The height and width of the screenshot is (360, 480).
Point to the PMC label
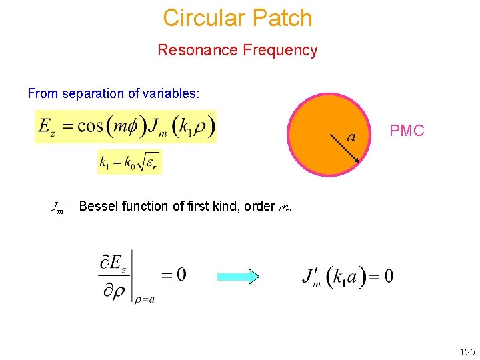[x=407, y=131]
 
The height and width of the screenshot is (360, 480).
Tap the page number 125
[x=467, y=352]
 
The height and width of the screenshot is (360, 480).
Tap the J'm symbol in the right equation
[x=310, y=276]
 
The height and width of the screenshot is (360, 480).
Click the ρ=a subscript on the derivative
[x=144, y=299]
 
